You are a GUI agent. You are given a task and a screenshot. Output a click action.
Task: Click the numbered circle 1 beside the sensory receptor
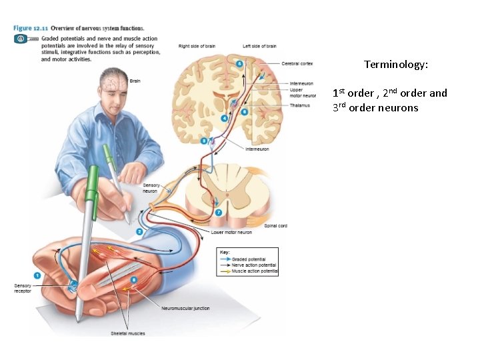pyautogui.click(x=37, y=275)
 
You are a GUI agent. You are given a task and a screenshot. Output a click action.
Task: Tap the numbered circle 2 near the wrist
pyautogui.click(x=139, y=231)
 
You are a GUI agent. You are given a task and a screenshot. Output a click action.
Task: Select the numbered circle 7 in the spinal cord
pyautogui.click(x=219, y=212)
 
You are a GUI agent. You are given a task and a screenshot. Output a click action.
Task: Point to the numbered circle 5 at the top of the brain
pyautogui.click(x=239, y=63)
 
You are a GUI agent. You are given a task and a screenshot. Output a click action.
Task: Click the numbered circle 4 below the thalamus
pyautogui.click(x=224, y=118)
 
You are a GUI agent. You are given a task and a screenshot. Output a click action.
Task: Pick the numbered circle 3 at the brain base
pyautogui.click(x=203, y=141)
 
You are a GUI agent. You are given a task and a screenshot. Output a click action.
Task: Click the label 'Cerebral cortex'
pyautogui.click(x=297, y=63)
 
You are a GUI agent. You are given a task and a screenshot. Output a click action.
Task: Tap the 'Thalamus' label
pyautogui.click(x=299, y=105)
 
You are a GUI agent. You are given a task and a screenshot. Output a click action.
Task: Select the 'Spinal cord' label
pyautogui.click(x=276, y=226)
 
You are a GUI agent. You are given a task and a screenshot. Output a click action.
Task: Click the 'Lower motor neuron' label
pyautogui.click(x=231, y=233)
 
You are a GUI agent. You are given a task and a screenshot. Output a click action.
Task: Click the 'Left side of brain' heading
pyautogui.click(x=259, y=46)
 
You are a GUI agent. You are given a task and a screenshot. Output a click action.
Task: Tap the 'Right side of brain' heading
pyautogui.click(x=198, y=46)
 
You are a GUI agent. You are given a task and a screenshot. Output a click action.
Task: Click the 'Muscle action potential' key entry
pyautogui.click(x=255, y=271)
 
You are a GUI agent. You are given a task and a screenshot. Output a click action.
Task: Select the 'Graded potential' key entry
pyautogui.click(x=249, y=259)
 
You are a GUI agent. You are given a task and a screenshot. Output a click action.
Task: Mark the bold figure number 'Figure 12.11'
pyautogui.click(x=31, y=28)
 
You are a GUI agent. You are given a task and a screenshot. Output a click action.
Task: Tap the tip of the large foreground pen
pyautogui.click(x=79, y=320)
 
